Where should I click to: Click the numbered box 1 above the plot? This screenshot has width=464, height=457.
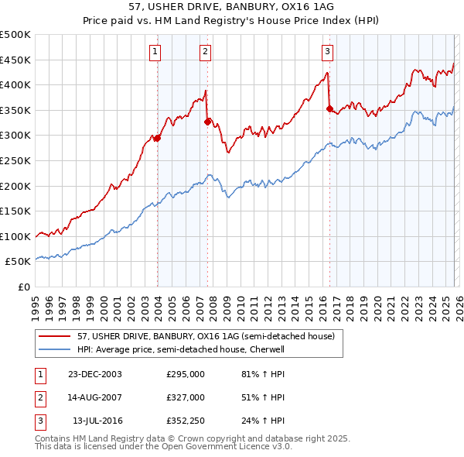click(x=155, y=52)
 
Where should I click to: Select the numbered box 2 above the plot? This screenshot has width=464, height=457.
click(x=205, y=52)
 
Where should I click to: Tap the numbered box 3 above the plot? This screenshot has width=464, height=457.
click(x=327, y=52)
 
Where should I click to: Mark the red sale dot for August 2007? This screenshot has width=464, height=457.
click(x=207, y=122)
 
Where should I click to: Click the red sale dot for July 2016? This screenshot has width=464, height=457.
click(x=329, y=109)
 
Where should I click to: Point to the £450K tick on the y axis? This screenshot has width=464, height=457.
click(x=15, y=60)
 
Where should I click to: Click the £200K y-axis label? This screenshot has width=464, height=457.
click(x=15, y=186)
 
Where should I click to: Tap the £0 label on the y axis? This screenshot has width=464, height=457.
click(x=23, y=287)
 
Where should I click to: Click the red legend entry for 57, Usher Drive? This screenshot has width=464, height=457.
click(x=205, y=336)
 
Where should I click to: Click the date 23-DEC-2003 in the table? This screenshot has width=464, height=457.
click(x=95, y=374)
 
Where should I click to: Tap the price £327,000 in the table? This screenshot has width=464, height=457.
click(x=186, y=397)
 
